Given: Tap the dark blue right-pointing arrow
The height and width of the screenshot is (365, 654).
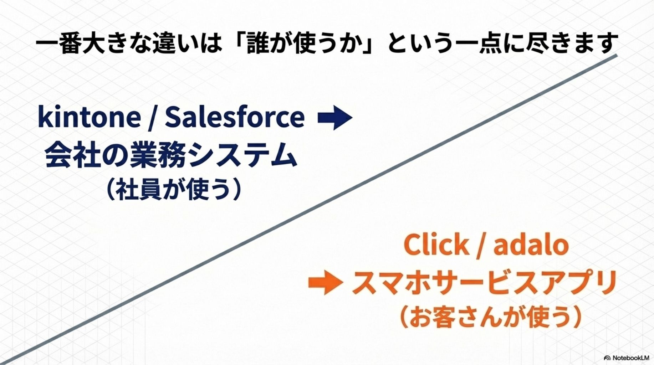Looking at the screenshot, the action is coord(335,117).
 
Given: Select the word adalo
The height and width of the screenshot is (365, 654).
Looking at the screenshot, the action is coord(531,244).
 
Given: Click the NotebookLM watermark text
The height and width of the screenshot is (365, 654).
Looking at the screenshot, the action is coord(631,358).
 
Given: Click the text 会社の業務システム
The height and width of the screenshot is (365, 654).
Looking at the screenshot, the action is coord(171,155).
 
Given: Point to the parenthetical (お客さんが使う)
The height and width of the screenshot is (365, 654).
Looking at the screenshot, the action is coord(491,317).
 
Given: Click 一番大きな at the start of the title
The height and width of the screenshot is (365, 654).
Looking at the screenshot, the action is coord(94,43).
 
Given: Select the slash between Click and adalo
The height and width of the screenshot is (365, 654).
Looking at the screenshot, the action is coord(481,245).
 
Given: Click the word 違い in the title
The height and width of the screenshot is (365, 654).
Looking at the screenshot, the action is coord(176,43).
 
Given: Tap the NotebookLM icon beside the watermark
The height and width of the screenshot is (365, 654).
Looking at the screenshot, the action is coord(608,358).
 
